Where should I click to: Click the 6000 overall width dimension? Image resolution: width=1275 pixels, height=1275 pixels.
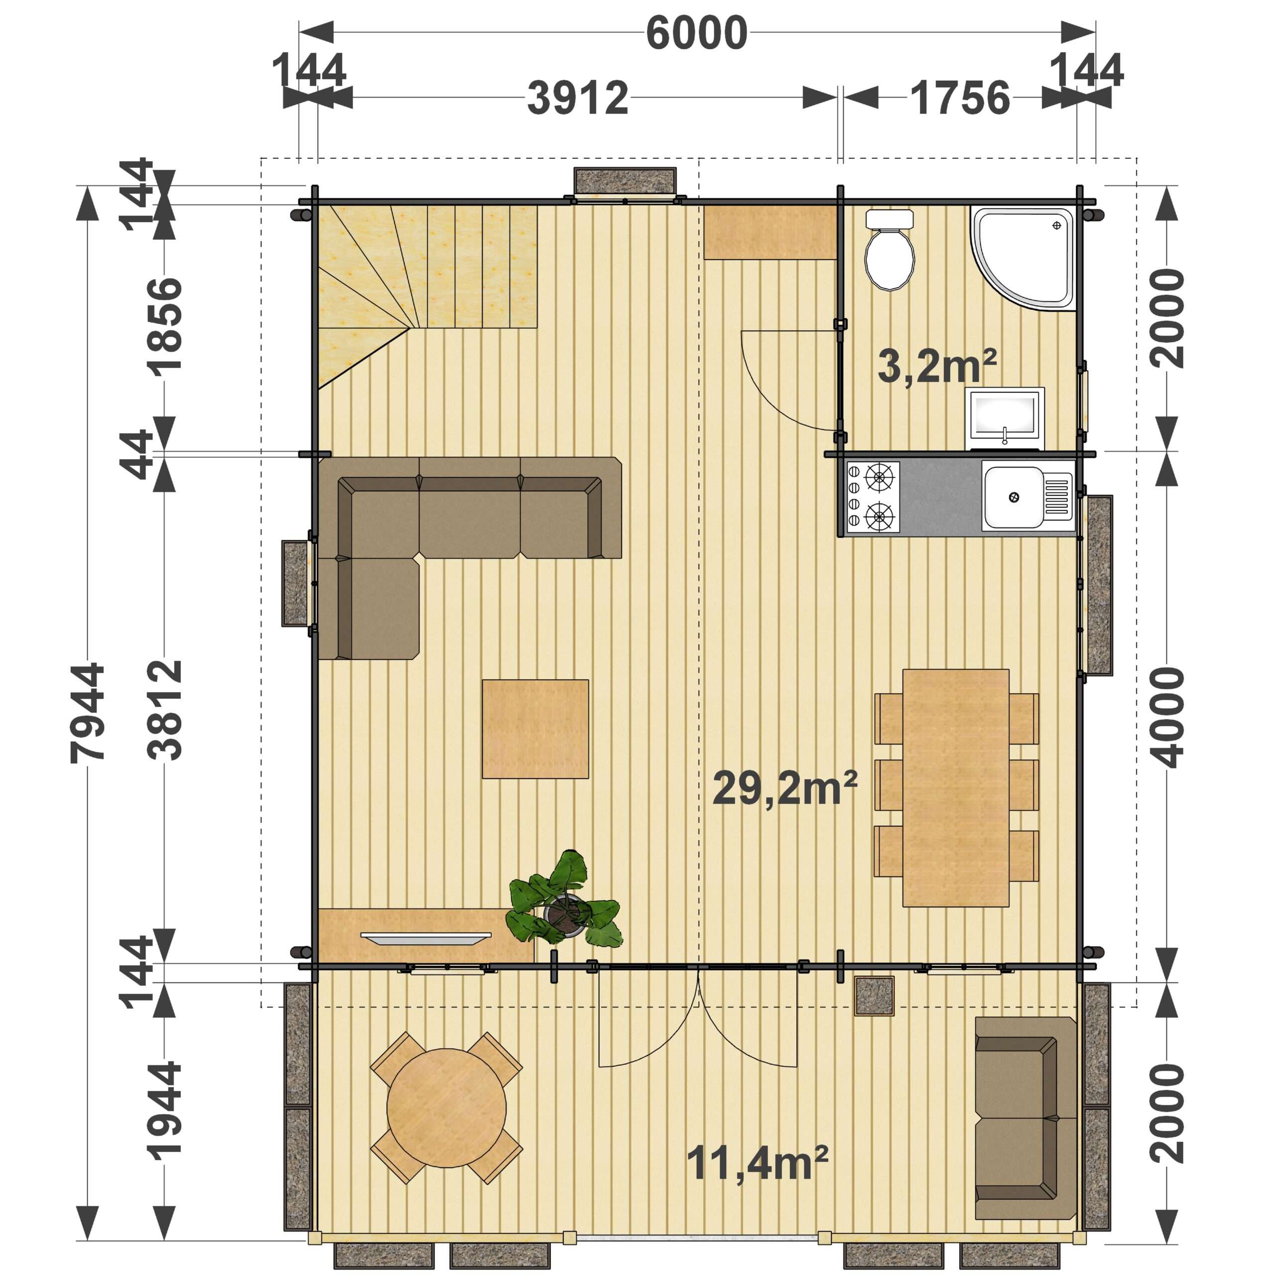696,33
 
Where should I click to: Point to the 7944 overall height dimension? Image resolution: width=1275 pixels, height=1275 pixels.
88,713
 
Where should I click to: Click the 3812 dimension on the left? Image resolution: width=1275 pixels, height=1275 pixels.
164,709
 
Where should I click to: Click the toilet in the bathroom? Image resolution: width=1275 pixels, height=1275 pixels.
890,251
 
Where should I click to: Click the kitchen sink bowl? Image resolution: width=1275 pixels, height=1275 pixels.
1013,496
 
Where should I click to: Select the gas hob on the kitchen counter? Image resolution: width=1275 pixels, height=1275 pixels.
873,496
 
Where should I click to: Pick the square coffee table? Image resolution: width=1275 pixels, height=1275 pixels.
535,729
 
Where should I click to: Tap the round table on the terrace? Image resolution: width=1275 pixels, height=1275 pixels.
446,1108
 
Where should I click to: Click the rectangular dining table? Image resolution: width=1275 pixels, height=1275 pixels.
956,787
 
